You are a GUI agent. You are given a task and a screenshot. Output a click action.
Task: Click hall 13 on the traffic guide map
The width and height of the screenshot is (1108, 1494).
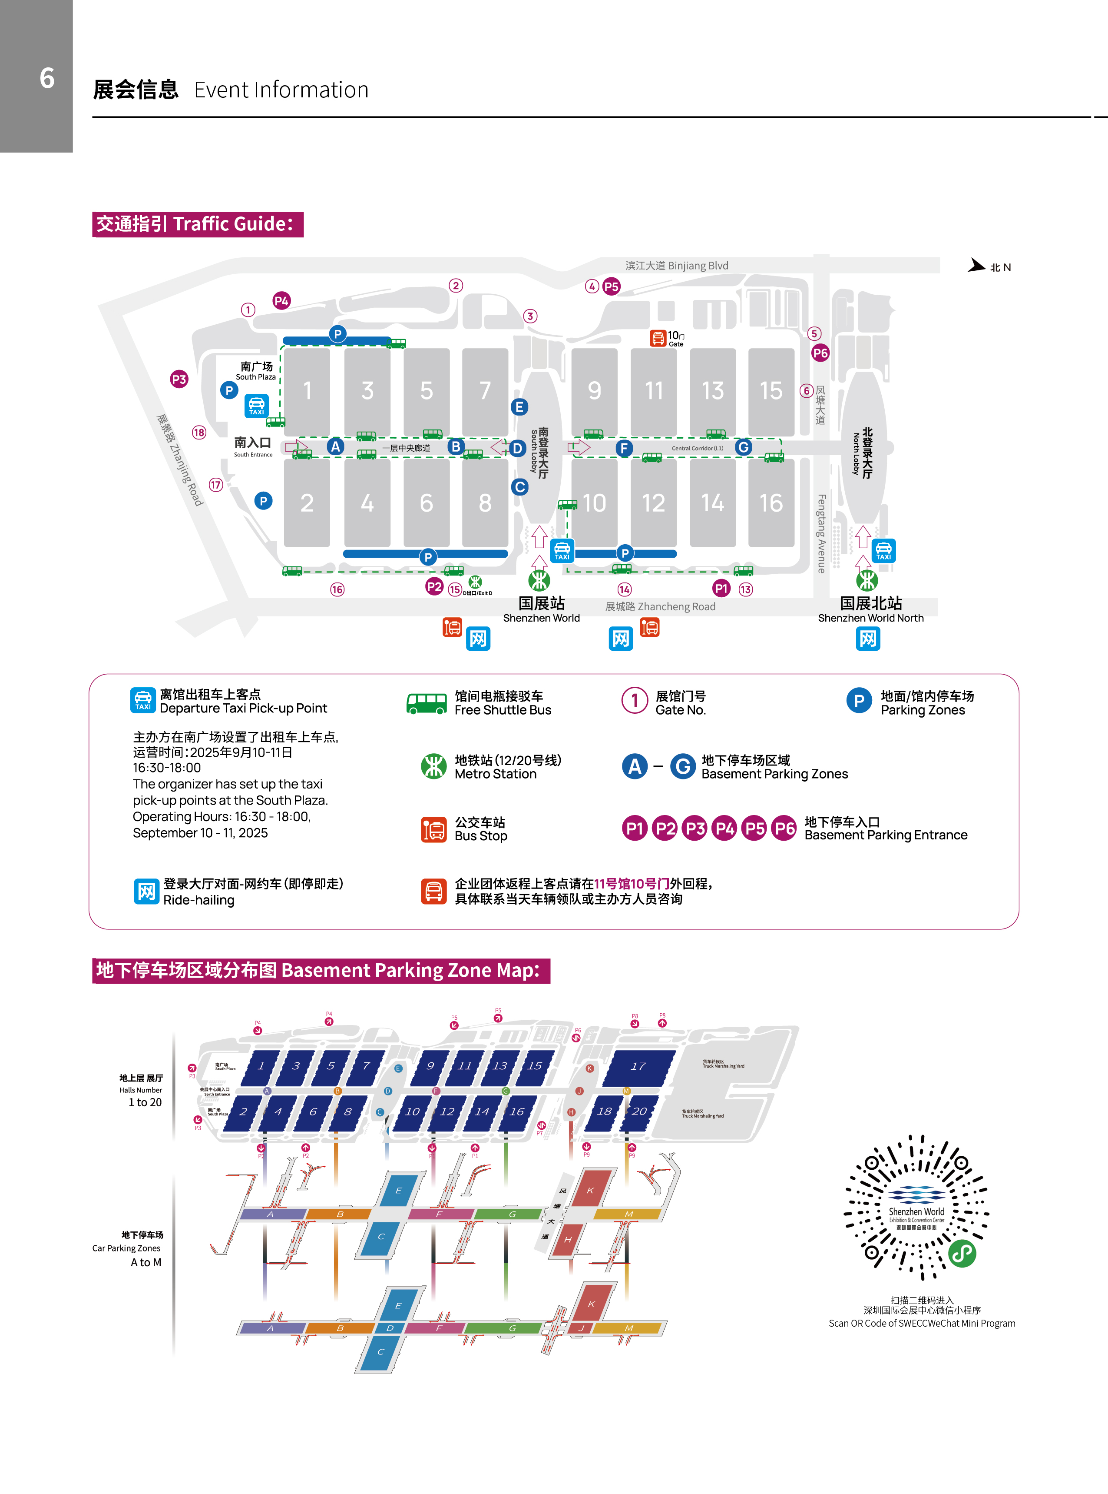[x=712, y=391]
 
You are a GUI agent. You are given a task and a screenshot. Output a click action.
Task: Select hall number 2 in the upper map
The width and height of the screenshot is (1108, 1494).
[x=307, y=502]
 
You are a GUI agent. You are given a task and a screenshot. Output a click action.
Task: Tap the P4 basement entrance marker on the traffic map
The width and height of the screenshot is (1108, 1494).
[x=281, y=301]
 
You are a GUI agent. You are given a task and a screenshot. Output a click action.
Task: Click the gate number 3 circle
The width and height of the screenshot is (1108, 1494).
[x=530, y=316]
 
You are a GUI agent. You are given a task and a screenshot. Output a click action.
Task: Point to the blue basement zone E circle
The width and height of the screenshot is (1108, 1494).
[x=519, y=407]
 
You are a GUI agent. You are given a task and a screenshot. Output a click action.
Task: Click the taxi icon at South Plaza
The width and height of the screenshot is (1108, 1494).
[x=256, y=406]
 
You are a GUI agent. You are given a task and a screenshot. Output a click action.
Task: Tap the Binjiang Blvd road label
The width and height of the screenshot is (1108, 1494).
[x=676, y=266]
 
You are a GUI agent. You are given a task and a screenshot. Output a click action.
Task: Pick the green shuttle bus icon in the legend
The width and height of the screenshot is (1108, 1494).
[x=427, y=703]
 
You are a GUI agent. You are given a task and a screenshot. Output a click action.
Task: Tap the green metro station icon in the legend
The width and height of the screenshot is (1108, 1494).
[x=433, y=766]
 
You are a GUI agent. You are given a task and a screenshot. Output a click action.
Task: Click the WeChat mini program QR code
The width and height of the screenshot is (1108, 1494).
[x=916, y=1208]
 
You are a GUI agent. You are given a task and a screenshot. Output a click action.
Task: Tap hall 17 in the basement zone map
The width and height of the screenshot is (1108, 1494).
[x=638, y=1066]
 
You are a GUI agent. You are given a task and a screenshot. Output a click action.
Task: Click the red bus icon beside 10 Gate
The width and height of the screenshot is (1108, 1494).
[x=657, y=338]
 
